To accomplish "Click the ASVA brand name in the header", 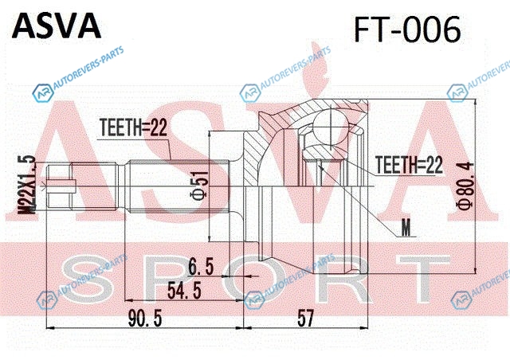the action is (x=57, y=26).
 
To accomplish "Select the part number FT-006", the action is (x=407, y=29).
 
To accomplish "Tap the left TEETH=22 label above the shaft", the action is (x=133, y=127).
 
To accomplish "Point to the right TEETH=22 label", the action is (x=409, y=165).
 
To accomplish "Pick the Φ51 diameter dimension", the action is (x=199, y=186).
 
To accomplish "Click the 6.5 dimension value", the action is (x=201, y=266).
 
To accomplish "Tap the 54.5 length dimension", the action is (x=184, y=291).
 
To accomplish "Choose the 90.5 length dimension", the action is (x=145, y=318).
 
